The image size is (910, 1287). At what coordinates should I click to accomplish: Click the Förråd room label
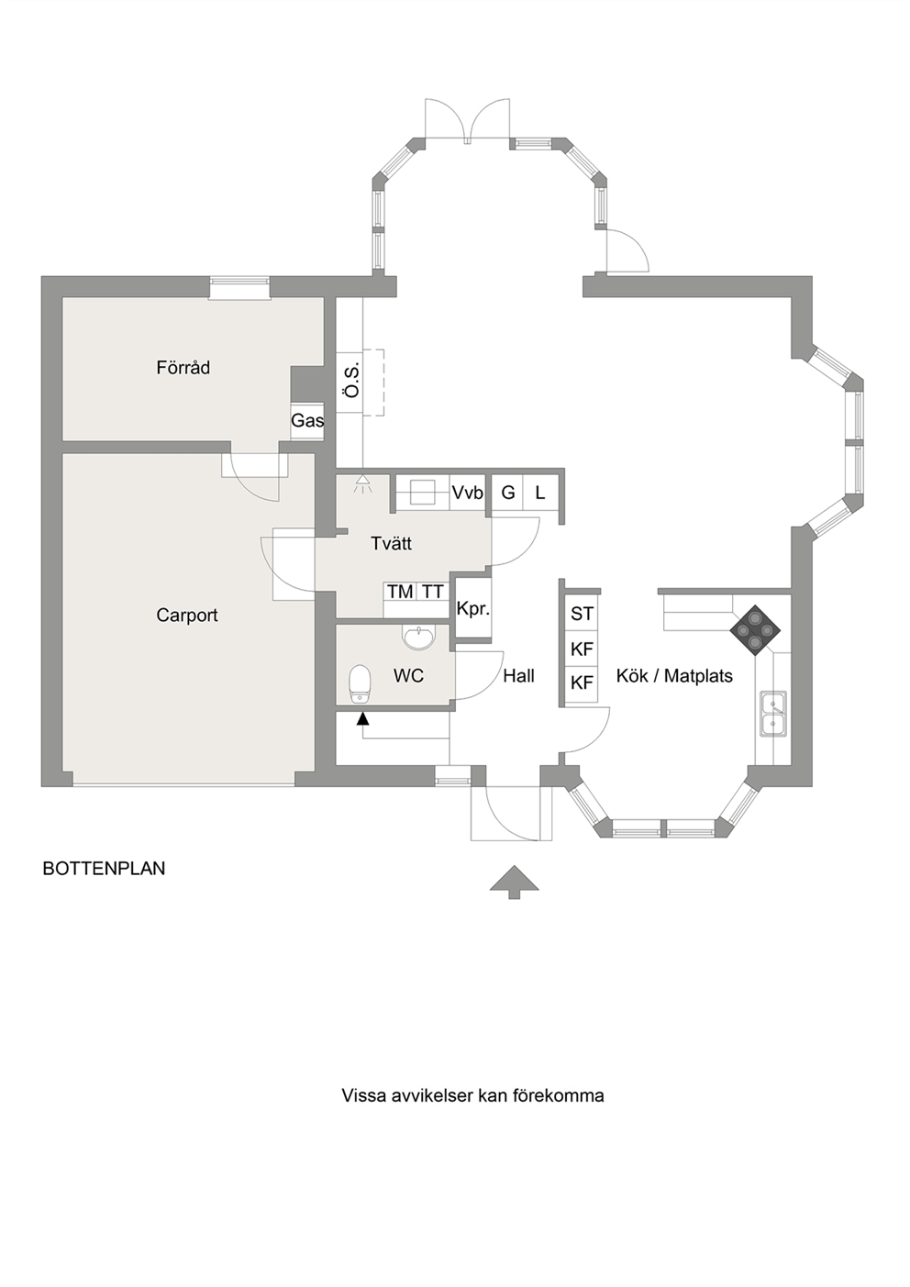pos(183,367)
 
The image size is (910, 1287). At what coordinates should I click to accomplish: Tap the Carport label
pos(187,616)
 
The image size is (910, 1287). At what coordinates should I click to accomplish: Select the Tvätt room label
pos(391,543)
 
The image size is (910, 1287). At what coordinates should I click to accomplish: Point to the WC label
pos(408,676)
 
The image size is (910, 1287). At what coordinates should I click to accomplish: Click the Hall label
pos(519,676)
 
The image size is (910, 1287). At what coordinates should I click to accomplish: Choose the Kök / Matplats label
pos(674,676)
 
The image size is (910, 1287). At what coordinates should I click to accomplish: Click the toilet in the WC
pos(361,683)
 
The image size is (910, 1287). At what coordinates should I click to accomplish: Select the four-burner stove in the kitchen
pos(755,630)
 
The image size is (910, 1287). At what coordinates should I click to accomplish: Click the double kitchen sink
pos(773,714)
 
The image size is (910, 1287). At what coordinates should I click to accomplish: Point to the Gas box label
pos(307,420)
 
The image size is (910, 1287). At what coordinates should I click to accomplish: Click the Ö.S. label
pos(352,380)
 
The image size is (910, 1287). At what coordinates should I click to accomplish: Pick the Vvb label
pos(468,493)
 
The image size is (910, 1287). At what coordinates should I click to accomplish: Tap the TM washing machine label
pos(400,592)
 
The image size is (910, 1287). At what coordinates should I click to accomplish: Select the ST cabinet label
pos(582,614)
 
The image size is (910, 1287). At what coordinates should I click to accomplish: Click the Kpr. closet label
pos(472,609)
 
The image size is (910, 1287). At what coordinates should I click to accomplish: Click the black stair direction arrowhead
pos(362,717)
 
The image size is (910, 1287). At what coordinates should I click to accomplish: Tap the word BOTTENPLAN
pos(104,868)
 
